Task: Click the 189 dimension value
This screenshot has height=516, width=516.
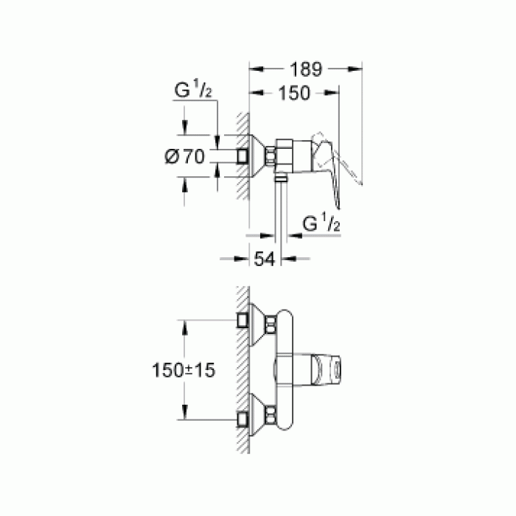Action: (305, 70)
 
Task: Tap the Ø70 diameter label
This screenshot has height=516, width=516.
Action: (184, 156)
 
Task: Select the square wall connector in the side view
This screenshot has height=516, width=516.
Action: (242, 156)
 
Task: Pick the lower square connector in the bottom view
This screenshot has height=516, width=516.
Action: (242, 420)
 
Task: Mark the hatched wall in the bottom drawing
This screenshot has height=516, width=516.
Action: (240, 369)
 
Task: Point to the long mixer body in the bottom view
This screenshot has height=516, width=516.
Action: (284, 369)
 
